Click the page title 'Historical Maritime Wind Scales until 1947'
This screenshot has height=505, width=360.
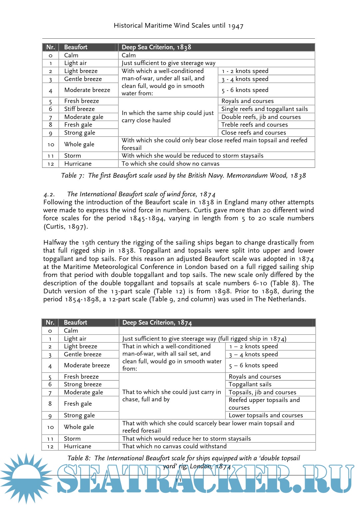(178, 26)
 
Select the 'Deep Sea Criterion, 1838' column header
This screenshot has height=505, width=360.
(156, 47)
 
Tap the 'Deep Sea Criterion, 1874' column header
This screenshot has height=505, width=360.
(157, 323)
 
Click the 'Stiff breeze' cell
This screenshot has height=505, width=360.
(79, 109)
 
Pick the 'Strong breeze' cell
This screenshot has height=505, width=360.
(83, 384)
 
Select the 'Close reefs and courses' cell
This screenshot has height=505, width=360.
(253, 133)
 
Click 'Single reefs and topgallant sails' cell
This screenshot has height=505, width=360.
(264, 109)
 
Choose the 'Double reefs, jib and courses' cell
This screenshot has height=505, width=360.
(261, 117)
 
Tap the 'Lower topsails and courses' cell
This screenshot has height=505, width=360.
(266, 415)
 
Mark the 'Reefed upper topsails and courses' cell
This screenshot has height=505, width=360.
(264, 404)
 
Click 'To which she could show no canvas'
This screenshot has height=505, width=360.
(170, 164)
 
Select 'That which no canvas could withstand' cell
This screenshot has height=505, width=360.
(174, 446)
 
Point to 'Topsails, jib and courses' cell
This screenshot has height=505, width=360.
(262, 392)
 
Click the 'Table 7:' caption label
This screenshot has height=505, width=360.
(73, 176)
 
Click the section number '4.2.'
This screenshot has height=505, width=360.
(49, 194)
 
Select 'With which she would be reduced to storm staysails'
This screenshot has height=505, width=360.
(192, 156)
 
